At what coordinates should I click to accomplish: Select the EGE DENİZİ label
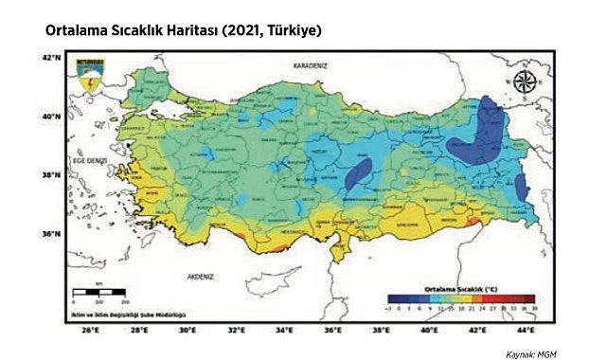click(89, 162)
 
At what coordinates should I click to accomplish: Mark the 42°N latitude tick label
click(50, 58)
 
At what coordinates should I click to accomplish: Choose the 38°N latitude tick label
click(50, 174)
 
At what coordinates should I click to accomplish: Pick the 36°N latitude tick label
click(50, 233)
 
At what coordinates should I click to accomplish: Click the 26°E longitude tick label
click(89, 332)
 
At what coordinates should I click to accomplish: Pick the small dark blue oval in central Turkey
click(359, 174)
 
